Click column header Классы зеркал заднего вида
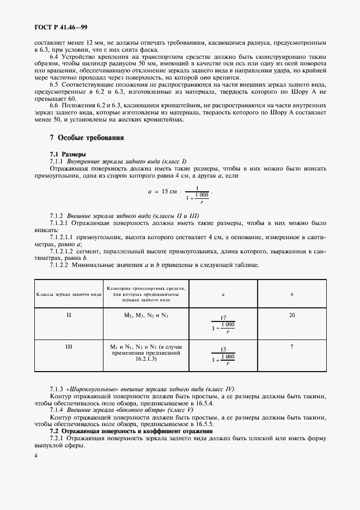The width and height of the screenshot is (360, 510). pyautogui.click(x=69, y=294)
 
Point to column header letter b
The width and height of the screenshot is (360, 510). pyautogui.click(x=292, y=294)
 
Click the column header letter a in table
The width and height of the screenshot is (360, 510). pyautogui.click(x=223, y=294)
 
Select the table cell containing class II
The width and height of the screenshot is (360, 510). pyautogui.click(x=69, y=315)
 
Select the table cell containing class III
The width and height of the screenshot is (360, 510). pyautogui.click(x=69, y=346)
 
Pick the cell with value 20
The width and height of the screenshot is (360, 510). pyautogui.click(x=292, y=315)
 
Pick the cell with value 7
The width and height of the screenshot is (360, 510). pyautogui.click(x=292, y=346)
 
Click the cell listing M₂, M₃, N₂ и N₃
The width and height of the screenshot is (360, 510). pyautogui.click(x=146, y=315)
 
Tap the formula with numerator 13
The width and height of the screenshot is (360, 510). pyautogui.click(x=223, y=356)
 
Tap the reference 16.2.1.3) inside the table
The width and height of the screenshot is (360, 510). pyautogui.click(x=146, y=360)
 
